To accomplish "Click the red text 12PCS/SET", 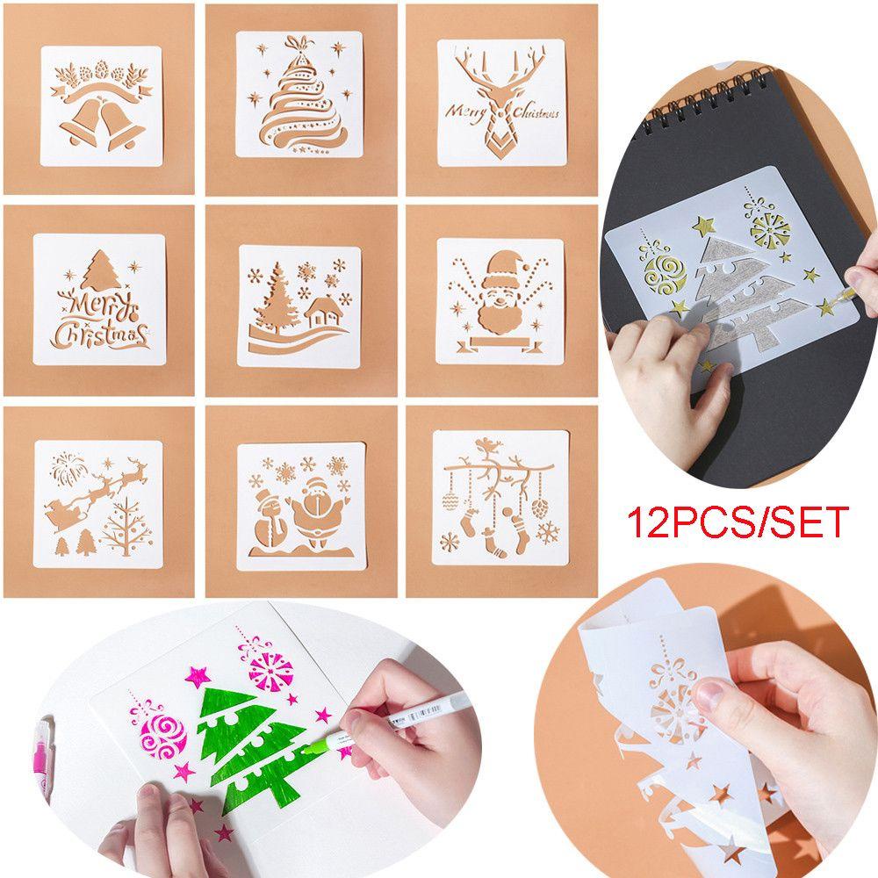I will point(738,522).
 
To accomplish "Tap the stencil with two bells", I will point(102,103).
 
